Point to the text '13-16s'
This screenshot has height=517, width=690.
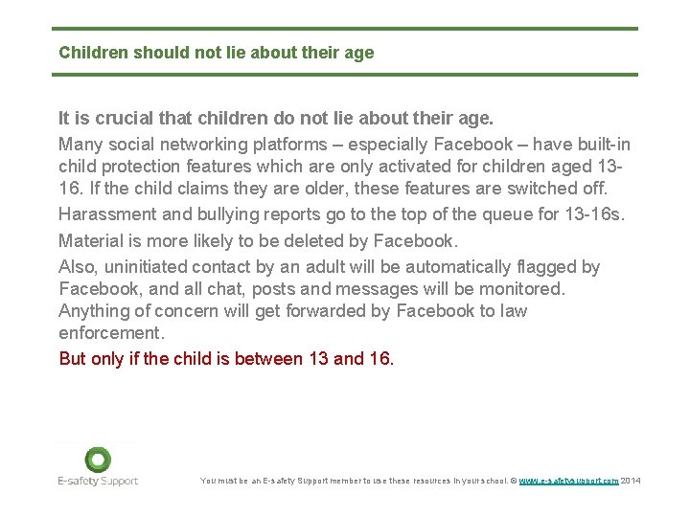click(x=593, y=214)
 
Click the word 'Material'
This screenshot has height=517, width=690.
click(x=91, y=239)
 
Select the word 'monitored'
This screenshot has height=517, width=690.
click(x=517, y=288)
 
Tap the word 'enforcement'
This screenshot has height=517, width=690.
click(x=111, y=333)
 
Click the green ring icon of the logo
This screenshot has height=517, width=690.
click(x=97, y=460)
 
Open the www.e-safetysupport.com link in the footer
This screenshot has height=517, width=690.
click(x=568, y=481)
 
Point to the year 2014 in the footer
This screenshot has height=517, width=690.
click(x=631, y=481)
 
